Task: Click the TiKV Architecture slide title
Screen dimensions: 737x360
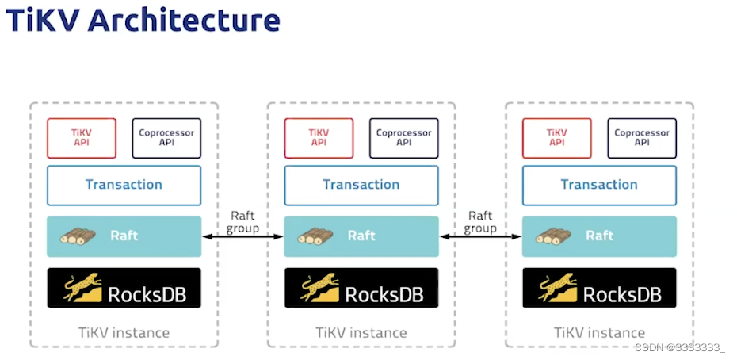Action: coord(143,21)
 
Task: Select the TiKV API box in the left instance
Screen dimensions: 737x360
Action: coord(82,138)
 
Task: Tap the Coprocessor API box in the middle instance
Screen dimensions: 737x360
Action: coord(403,138)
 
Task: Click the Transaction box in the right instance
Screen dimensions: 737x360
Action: coord(599,185)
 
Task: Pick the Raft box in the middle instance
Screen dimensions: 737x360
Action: coord(361,236)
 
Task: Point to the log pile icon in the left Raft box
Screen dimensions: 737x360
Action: coord(78,236)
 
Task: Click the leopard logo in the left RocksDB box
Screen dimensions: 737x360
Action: coord(82,287)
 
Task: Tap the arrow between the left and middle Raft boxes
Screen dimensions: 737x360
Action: coord(242,237)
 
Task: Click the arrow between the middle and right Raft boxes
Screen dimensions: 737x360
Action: coord(480,237)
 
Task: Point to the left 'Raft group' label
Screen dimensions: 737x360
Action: coord(242,222)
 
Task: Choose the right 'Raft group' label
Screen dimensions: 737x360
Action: coord(480,222)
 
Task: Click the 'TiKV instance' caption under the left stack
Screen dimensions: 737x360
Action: coord(124,333)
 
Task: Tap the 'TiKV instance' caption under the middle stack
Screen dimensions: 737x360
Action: coord(361,333)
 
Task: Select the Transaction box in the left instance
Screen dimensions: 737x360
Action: coord(124,185)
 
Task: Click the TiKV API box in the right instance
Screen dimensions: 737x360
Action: coord(557,138)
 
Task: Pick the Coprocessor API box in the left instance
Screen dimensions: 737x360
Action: coord(167,138)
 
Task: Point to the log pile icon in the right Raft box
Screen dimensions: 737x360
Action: coord(553,236)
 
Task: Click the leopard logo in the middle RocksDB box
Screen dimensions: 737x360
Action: coord(320,287)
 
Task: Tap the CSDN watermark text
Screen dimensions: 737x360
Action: coord(680,347)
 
